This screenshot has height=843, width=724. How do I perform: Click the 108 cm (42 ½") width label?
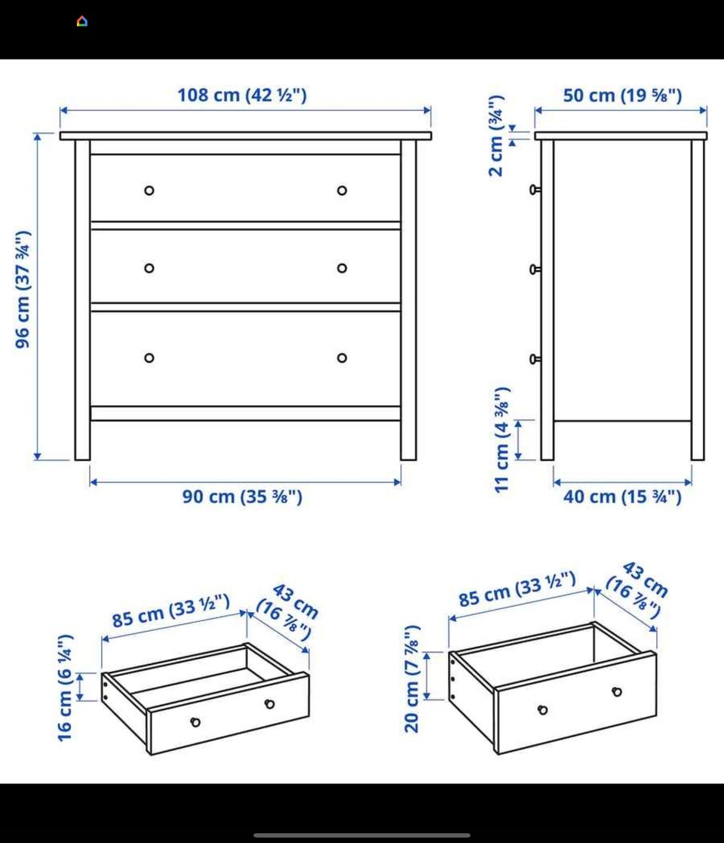point(242,95)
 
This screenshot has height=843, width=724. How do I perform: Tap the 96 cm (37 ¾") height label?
point(23,290)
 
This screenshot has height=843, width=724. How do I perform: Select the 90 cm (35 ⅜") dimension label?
point(242,497)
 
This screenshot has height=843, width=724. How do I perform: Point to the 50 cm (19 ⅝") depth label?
point(622,95)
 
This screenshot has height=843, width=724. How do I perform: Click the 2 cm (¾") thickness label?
point(496,136)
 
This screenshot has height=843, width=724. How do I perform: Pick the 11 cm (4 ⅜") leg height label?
point(501,439)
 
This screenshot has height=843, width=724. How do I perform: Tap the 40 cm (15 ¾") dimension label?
point(622,497)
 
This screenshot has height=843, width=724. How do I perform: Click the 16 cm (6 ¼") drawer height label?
point(65,688)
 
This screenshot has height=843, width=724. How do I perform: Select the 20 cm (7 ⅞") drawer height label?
point(412,679)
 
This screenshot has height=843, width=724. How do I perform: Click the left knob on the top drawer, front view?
point(149,190)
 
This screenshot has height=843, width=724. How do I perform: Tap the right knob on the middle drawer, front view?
point(342,268)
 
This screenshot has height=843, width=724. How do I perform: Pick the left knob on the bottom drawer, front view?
point(149,358)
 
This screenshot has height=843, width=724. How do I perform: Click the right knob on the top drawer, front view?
point(342,190)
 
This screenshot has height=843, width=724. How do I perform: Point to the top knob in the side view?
point(535,189)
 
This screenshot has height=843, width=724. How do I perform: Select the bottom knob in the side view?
point(535,359)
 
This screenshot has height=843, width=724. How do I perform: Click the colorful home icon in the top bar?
point(82,21)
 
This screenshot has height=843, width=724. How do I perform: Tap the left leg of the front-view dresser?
point(83,300)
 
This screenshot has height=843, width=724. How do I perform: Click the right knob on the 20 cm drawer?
point(617,691)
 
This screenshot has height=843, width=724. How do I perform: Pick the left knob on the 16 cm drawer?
point(195,722)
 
